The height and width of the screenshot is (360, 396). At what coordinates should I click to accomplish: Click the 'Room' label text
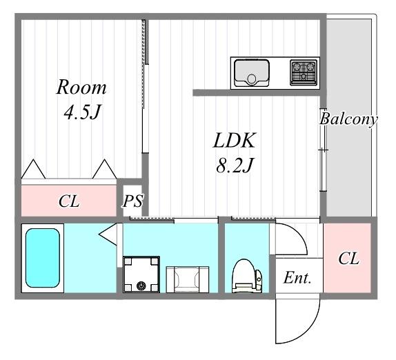coord(81,88)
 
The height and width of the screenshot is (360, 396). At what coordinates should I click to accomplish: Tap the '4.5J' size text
coord(82,112)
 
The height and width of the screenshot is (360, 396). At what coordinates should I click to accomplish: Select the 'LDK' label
coord(235,141)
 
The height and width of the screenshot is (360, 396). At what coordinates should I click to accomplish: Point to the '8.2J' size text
coord(235,166)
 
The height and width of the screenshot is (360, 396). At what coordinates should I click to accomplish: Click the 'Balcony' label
coord(348,119)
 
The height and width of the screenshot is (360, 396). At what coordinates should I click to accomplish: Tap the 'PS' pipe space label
coord(133,201)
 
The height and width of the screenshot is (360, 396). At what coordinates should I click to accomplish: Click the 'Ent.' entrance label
coord(297,278)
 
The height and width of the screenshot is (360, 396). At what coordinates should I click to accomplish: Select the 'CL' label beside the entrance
coord(348,258)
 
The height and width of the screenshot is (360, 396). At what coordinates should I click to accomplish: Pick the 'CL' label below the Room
coord(69,201)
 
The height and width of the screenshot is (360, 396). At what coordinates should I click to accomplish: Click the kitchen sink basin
coord(252,72)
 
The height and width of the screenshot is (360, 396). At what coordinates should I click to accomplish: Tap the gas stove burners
coord(304,72)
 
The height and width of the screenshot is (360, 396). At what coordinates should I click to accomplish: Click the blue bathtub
coord(43,258)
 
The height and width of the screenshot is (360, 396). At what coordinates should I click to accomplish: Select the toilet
coord(247,276)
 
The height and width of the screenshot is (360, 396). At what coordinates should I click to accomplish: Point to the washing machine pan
coord(141,274)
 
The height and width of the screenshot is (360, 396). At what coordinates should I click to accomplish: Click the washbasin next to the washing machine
coord(188,279)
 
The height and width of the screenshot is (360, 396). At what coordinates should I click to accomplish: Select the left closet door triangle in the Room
coord(33,169)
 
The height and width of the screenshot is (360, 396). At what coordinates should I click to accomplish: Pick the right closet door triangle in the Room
coord(105,169)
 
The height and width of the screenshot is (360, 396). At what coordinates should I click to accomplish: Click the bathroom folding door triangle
coord(108,234)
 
